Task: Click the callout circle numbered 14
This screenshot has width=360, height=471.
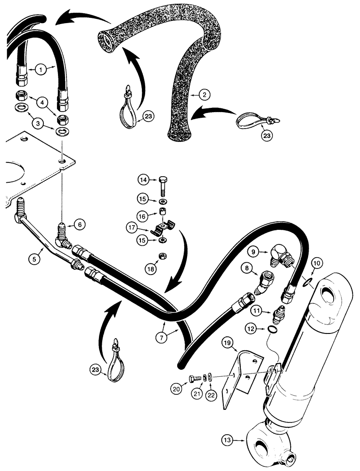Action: (143, 179)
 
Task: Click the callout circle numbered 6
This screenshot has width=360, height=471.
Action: (81, 225)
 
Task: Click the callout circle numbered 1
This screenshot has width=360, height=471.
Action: (41, 70)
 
